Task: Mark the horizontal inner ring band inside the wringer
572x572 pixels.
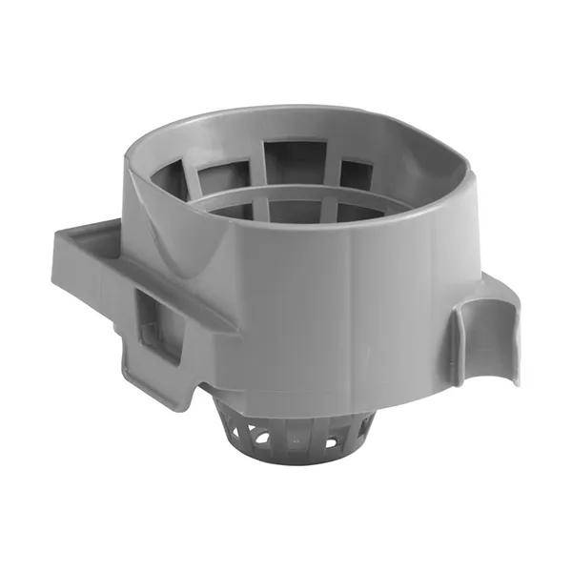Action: click(286, 195)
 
